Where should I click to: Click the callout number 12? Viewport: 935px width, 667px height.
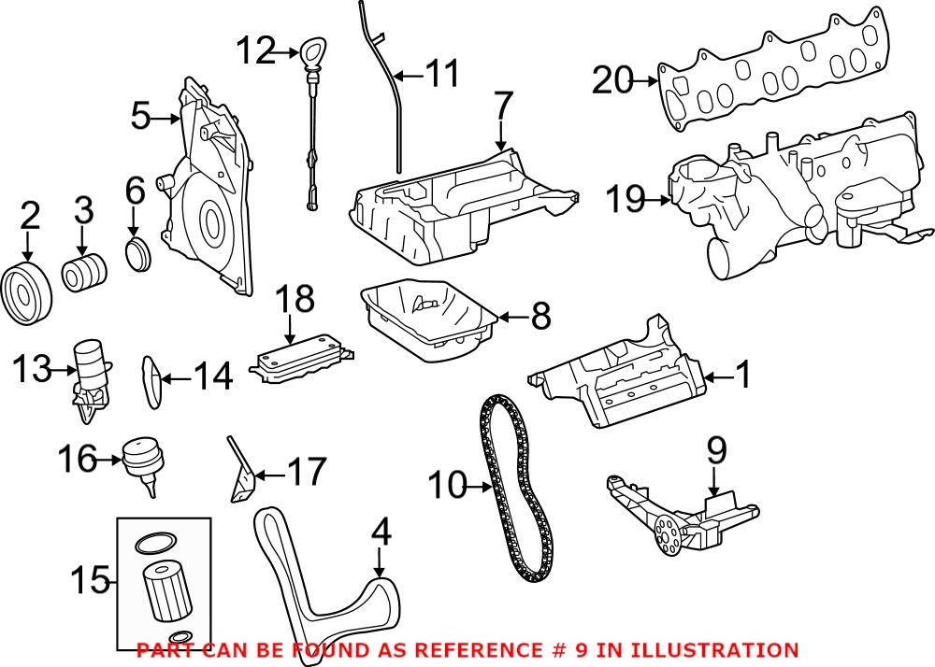coord(256,50)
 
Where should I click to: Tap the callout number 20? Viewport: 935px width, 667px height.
coord(612,82)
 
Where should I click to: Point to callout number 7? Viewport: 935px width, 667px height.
coord(503,107)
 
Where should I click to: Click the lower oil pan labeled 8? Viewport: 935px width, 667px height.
coord(425,319)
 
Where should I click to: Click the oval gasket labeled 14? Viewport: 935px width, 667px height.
coord(150,379)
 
